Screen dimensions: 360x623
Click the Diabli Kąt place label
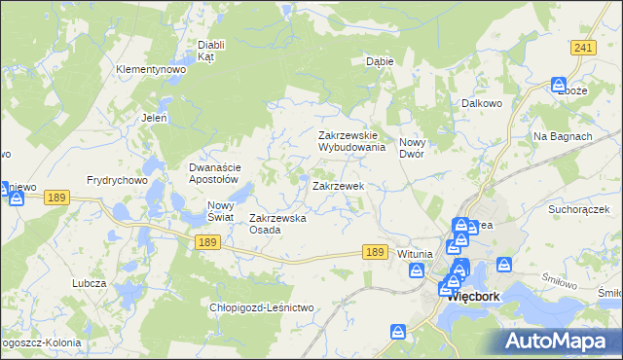tap(211, 51)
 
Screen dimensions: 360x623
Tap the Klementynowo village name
tap(151, 70)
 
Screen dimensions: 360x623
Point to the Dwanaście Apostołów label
tap(213, 172)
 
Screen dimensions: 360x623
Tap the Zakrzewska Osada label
tap(278, 224)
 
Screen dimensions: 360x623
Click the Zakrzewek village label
tap(338, 185)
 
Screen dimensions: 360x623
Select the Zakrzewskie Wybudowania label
tap(354, 141)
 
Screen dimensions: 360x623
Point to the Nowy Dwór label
tap(420, 148)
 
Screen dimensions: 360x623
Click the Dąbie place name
tap(379, 60)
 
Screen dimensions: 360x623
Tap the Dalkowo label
tap(481, 101)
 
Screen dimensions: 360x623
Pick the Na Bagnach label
tap(563, 136)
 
